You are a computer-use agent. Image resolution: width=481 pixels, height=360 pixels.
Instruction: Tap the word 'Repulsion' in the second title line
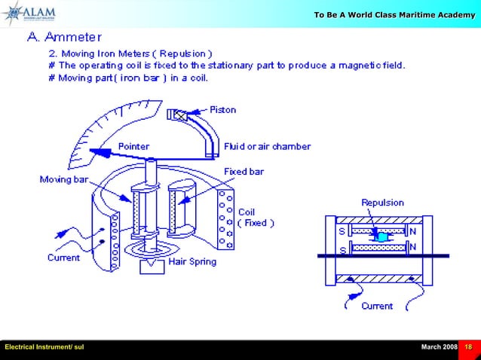tap(185, 53)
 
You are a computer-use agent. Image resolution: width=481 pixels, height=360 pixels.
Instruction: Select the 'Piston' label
tap(222, 110)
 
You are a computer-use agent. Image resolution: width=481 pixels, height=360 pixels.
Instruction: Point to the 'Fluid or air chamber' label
tap(267, 145)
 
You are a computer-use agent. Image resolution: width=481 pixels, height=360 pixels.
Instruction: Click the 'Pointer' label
tap(133, 145)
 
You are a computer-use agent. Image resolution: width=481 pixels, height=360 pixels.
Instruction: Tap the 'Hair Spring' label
tap(191, 262)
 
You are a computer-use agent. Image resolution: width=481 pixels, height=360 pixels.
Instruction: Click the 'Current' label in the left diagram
tap(65, 258)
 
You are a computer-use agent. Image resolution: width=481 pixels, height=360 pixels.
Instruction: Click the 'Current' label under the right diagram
tap(377, 306)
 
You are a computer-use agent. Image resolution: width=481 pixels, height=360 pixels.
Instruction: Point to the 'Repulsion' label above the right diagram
tap(383, 203)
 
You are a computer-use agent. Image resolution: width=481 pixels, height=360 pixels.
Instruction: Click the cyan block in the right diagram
tap(382, 237)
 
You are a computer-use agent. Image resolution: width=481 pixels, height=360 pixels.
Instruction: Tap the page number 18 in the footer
tap(468, 346)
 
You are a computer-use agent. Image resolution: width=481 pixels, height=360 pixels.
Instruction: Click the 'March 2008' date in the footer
tap(439, 346)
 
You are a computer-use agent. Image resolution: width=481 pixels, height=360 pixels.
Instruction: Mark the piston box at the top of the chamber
tap(181, 115)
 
